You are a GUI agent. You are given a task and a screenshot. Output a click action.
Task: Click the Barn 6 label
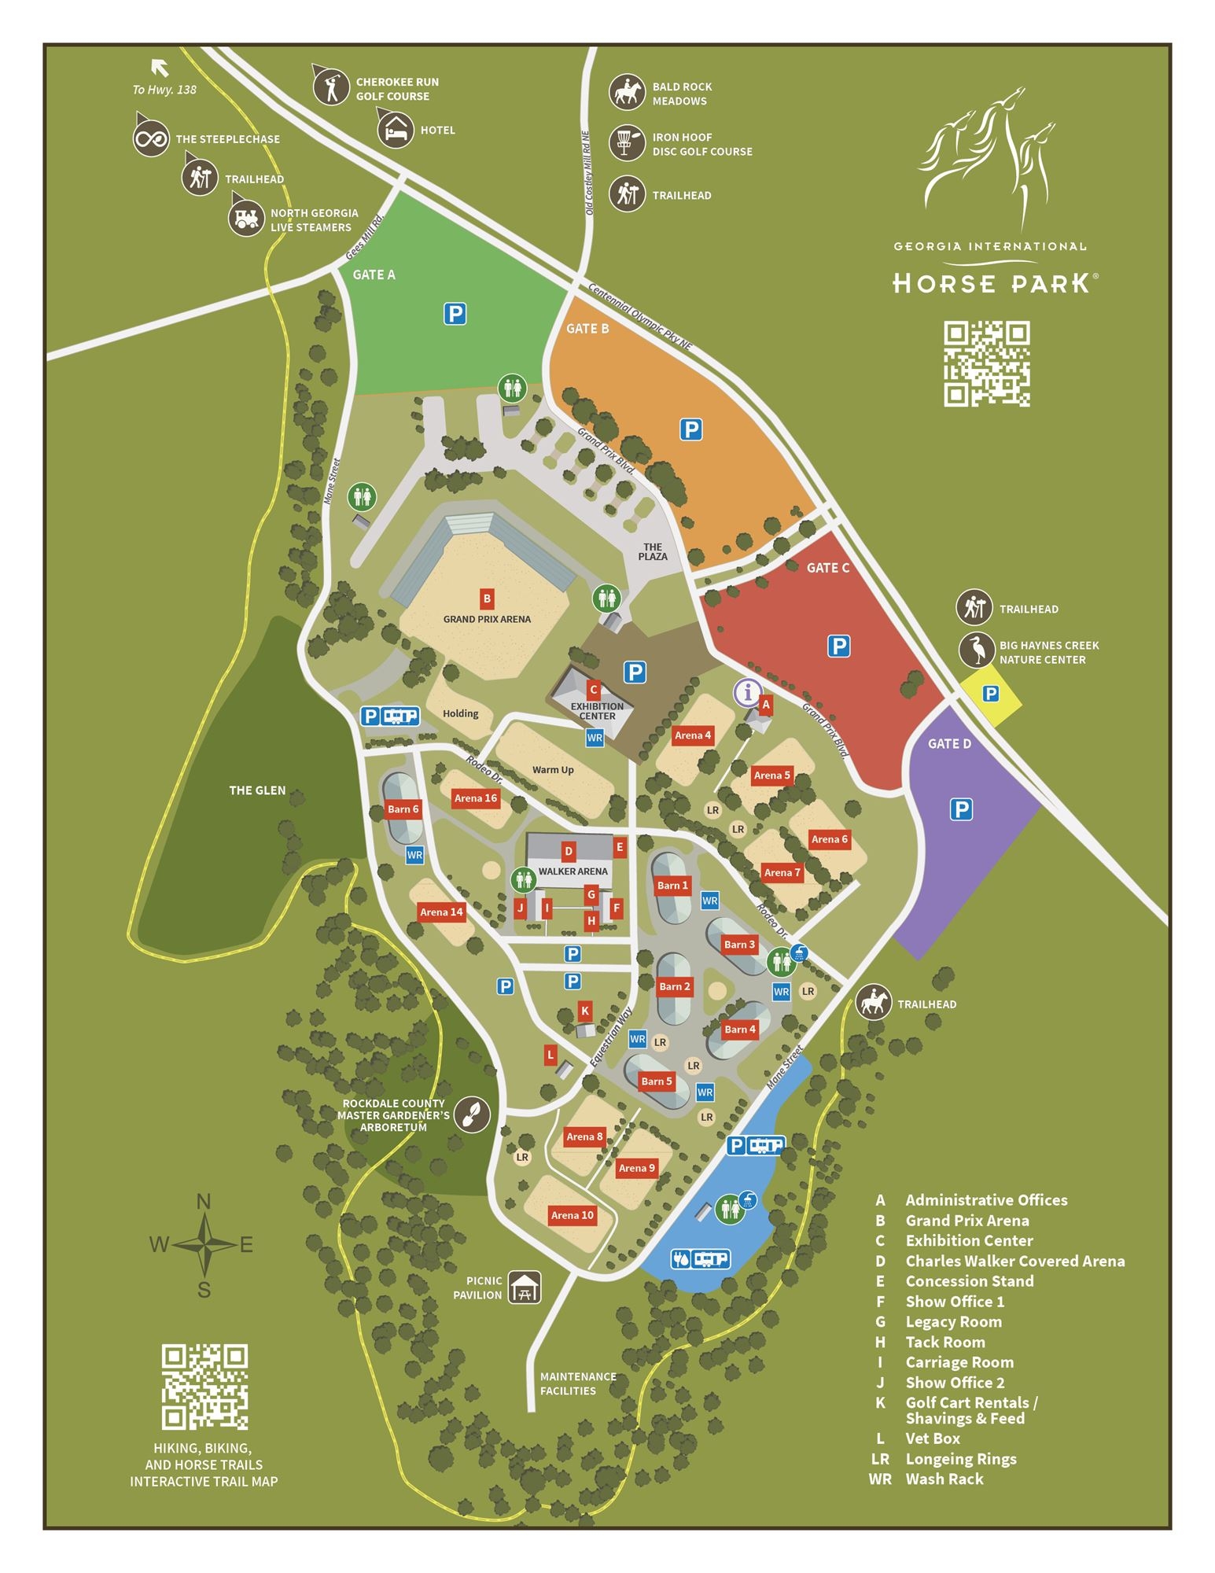pos(403,809)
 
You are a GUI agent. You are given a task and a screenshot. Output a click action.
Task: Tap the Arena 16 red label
pos(476,798)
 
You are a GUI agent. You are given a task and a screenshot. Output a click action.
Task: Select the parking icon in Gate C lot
pos(838,647)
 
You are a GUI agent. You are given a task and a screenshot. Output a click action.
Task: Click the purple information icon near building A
pos(747,693)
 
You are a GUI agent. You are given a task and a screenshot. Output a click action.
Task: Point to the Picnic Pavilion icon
pos(524,1288)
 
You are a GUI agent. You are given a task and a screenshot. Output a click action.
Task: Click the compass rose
pos(204,1245)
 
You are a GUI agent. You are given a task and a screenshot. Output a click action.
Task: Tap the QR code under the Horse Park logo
pos(986,363)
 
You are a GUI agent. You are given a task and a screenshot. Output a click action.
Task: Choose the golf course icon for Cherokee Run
pos(331,87)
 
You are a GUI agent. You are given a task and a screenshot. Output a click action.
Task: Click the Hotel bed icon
pos(395,129)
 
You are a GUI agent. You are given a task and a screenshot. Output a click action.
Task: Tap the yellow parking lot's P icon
pos(990,694)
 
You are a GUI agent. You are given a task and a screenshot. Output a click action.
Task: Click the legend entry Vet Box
pos(933,1439)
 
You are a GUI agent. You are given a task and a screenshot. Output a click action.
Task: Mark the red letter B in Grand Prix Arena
pos(487,599)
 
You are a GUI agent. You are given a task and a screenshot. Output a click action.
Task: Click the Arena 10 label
pos(572,1215)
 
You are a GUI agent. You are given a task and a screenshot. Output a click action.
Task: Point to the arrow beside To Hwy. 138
pos(160,68)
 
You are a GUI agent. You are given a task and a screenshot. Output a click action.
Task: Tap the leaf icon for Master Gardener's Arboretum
pos(472,1114)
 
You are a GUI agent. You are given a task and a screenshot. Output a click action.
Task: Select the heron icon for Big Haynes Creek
pos(976,650)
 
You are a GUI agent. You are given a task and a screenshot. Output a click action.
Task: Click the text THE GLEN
pos(257,790)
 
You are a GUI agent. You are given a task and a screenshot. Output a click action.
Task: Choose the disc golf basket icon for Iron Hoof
pos(627,143)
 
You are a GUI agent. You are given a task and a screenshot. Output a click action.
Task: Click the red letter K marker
pos(584,1011)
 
